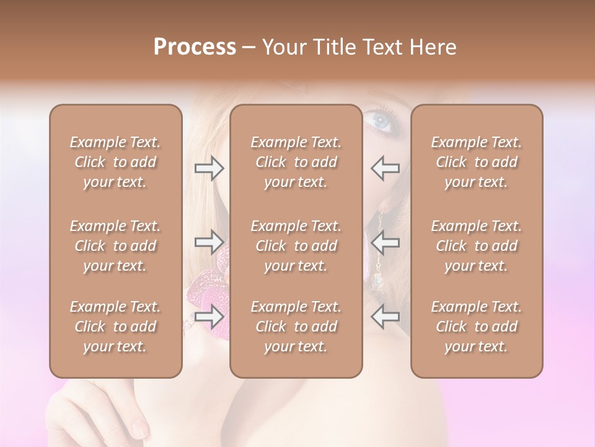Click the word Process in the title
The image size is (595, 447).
[x=195, y=47]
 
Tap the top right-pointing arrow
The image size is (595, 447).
[x=209, y=168]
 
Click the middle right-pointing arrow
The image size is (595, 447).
[x=209, y=242]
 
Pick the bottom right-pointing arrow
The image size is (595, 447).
[x=209, y=317]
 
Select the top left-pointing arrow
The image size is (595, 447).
[x=385, y=168]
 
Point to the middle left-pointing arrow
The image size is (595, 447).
[x=385, y=242]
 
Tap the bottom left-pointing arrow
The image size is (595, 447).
[x=385, y=317]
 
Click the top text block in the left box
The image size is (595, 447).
[x=115, y=162]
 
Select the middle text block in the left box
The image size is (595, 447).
[x=115, y=246]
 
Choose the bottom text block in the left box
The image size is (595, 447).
[x=115, y=327]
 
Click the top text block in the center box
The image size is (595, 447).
[x=296, y=162]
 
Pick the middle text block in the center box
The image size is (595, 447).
[x=296, y=246]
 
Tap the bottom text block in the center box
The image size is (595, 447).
[x=296, y=327]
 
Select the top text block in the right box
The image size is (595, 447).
[x=476, y=162]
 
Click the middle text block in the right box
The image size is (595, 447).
[x=476, y=246]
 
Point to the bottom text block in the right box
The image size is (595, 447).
[x=476, y=327]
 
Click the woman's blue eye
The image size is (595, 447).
[x=381, y=119]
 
